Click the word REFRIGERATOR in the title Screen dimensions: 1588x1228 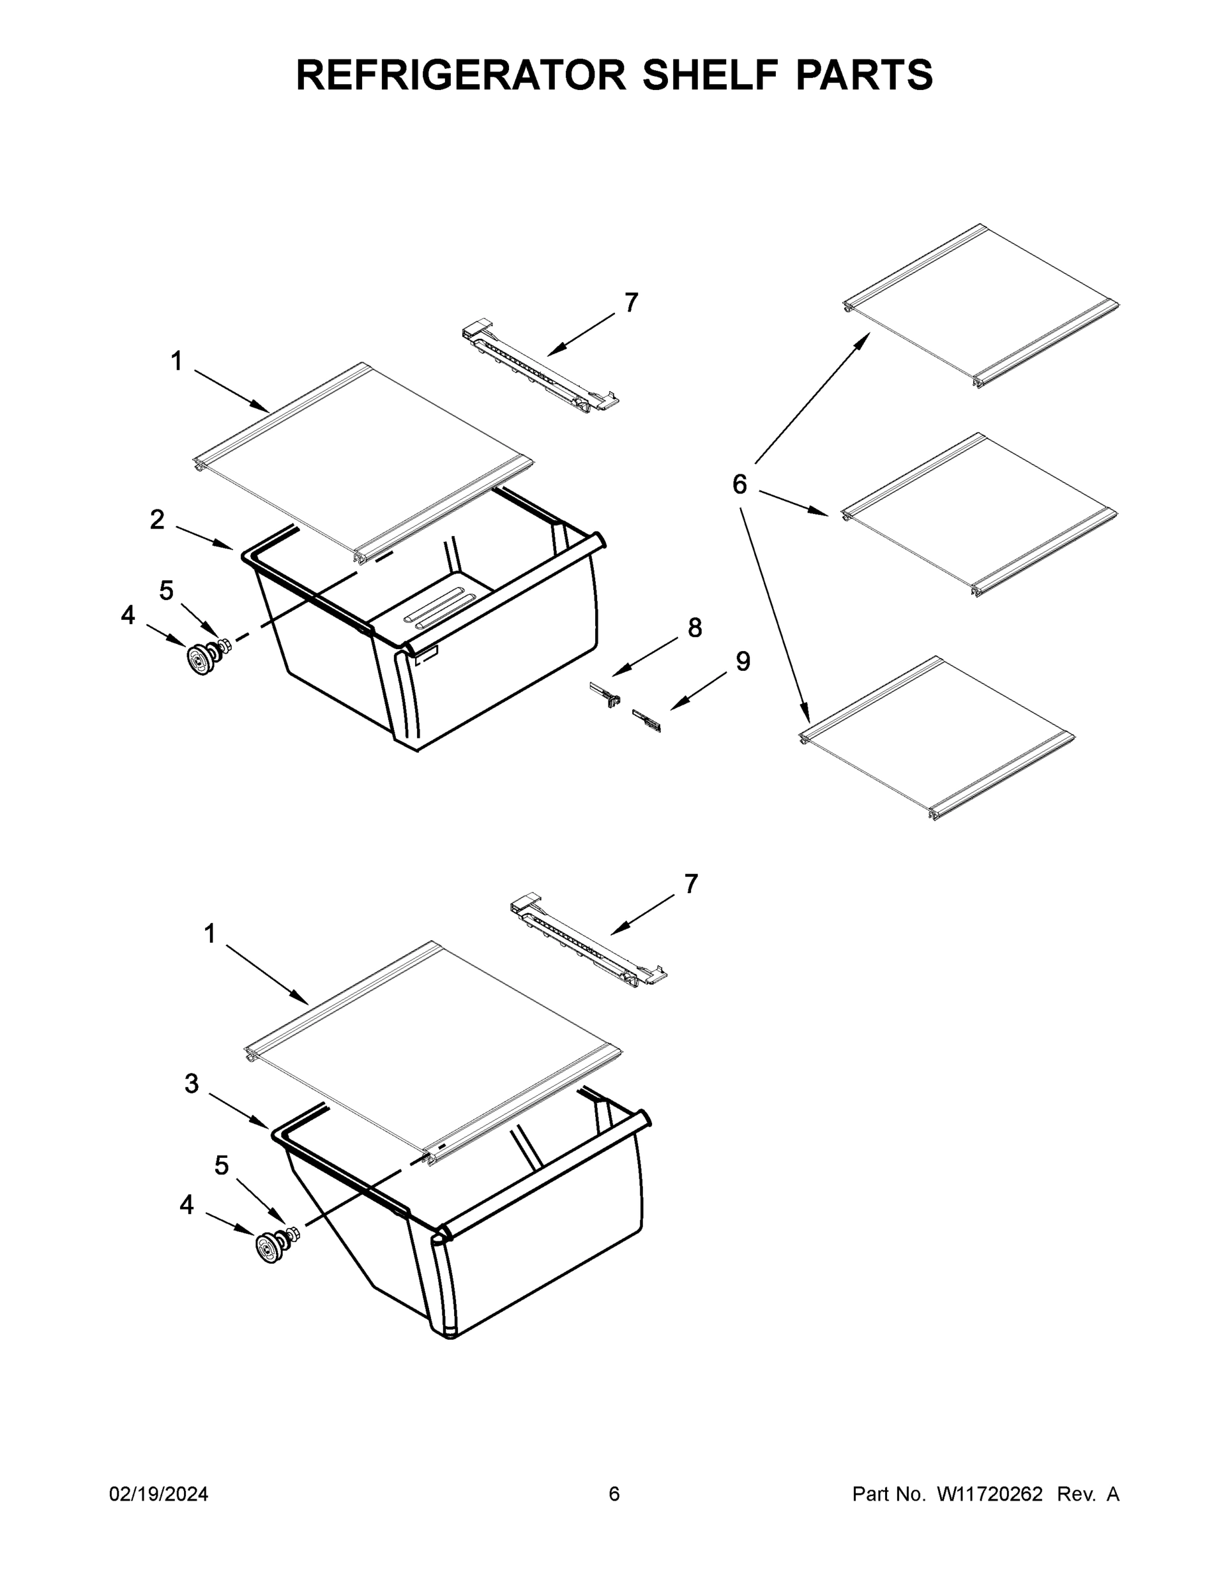click(x=461, y=74)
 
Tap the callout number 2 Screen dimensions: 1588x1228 click(x=157, y=519)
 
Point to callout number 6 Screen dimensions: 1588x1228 click(x=739, y=484)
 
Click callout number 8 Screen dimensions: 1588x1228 click(x=694, y=627)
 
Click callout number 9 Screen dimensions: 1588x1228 click(x=743, y=661)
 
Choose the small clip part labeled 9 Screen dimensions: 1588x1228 click(x=647, y=721)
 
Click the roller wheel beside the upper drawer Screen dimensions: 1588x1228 click(x=199, y=659)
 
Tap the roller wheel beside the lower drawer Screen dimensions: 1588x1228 click(x=270, y=1248)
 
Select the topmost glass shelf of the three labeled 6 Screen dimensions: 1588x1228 click(x=980, y=306)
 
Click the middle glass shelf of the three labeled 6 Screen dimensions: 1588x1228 click(x=979, y=515)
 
